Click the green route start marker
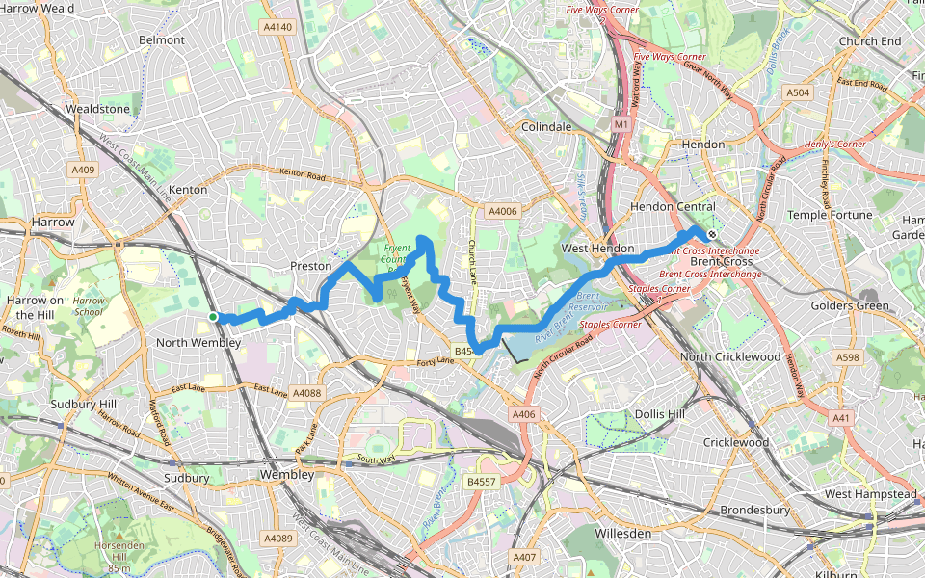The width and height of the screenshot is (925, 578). click(213, 316)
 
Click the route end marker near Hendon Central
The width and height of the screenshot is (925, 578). click(710, 233)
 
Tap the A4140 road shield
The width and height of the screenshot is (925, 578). click(277, 27)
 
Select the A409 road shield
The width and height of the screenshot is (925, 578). click(83, 171)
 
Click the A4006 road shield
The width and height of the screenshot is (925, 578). click(502, 211)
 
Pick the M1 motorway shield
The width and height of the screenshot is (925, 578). click(621, 124)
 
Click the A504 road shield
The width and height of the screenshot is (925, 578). click(797, 92)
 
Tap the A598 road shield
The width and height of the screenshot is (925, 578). click(848, 357)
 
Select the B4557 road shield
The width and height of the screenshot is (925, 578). click(481, 481)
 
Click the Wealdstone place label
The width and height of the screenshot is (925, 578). click(97, 109)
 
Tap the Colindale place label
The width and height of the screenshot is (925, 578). click(545, 127)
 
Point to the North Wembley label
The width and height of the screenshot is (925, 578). click(198, 343)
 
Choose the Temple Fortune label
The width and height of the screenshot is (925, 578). click(829, 215)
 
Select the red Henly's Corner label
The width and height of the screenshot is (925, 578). click(834, 144)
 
